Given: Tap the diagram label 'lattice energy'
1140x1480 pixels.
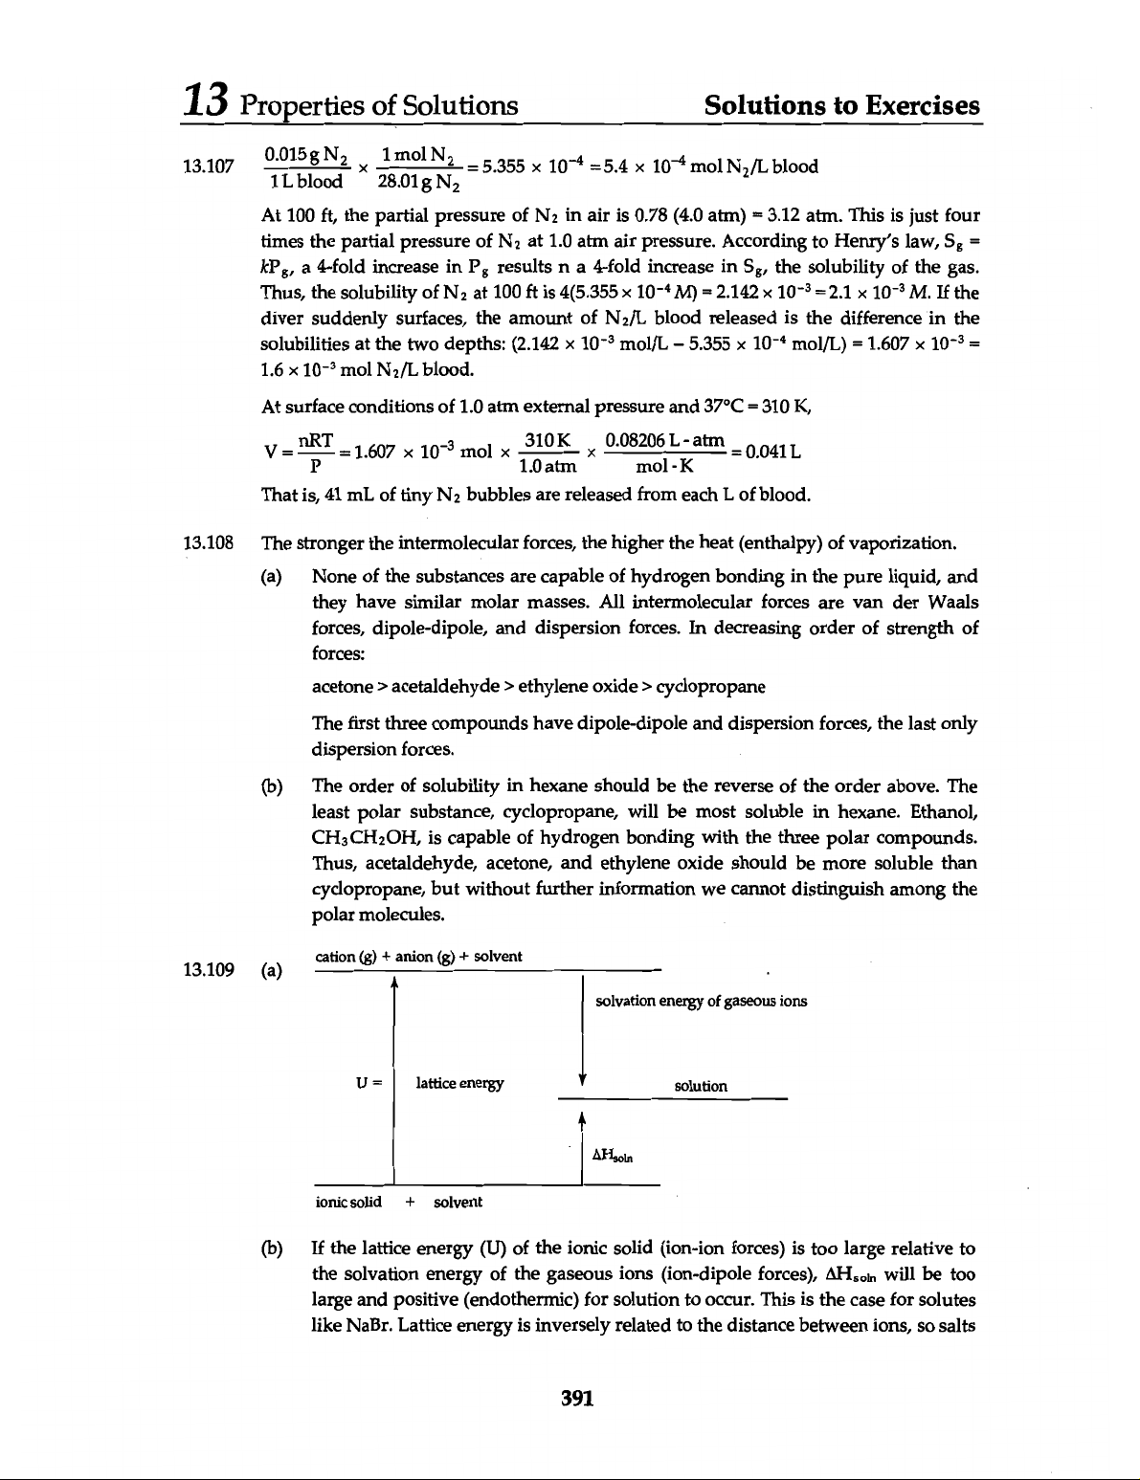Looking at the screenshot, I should [x=458, y=1084].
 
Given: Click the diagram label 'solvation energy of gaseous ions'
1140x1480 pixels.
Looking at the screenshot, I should [x=701, y=1002].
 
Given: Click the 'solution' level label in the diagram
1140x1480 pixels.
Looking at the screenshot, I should [x=701, y=1087].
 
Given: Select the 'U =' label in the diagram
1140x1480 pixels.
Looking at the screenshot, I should [x=369, y=1084].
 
